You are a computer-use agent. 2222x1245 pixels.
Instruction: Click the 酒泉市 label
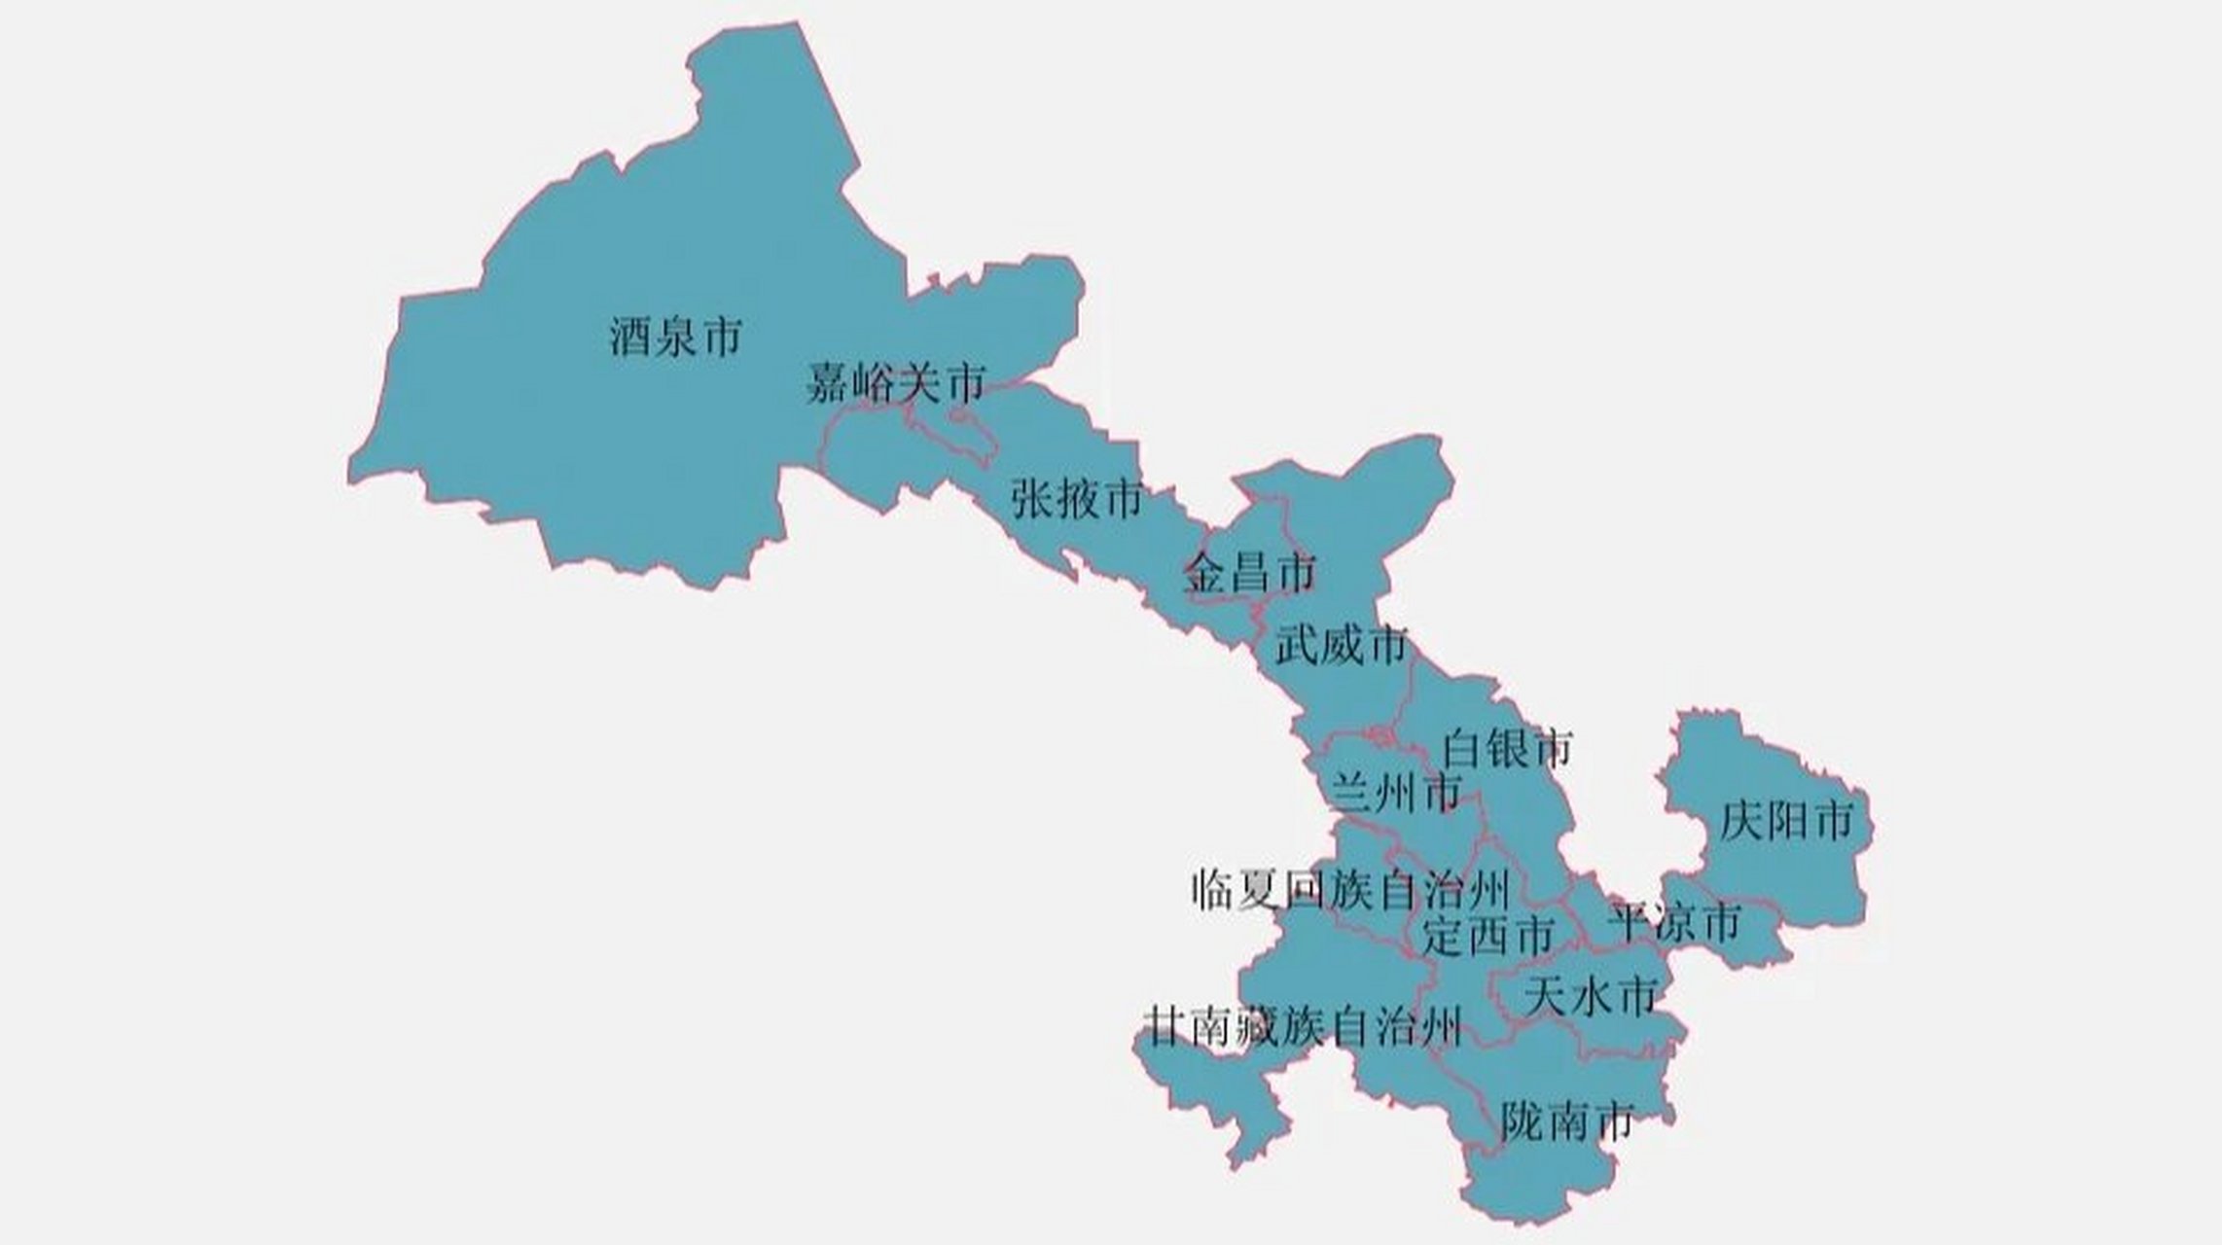675,337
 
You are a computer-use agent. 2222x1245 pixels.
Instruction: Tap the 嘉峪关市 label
895,383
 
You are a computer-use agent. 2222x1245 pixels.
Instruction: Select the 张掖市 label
1076,500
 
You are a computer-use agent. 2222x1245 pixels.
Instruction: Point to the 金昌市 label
1249,573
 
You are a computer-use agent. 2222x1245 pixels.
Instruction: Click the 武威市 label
1342,645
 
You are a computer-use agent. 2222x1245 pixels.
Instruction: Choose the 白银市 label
1507,748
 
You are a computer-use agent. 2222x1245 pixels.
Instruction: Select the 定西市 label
1487,936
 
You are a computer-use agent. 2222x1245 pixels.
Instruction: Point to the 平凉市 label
1673,922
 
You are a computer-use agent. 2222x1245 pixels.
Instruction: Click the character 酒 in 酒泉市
630,337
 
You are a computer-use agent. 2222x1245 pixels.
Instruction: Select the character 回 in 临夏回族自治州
1305,889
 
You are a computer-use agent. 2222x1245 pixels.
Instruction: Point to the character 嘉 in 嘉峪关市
829,383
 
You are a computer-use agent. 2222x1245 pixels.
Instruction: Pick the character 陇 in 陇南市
1522,1122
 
